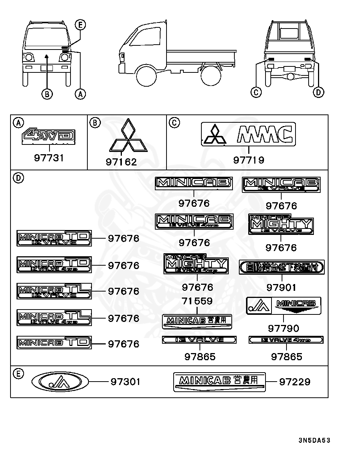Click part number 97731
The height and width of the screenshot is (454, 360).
click(49, 158)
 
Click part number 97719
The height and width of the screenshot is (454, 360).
click(249, 160)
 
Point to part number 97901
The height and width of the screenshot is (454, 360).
click(281, 287)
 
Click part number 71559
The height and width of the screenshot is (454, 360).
click(197, 301)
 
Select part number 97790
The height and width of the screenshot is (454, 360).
click(283, 328)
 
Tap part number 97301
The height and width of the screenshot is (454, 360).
click(125, 382)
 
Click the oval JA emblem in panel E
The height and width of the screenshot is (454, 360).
click(60, 382)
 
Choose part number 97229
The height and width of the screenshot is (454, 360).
click(295, 382)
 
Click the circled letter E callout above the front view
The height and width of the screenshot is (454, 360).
click(80, 25)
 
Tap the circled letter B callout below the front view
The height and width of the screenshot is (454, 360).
click(46, 94)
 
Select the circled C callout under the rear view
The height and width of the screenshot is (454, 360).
click(256, 92)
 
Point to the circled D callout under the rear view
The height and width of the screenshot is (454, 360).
click(318, 92)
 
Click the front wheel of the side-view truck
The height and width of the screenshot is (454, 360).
click(146, 76)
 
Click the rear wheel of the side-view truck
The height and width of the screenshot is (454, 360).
click(210, 76)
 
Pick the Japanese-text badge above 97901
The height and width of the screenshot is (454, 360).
click(281, 267)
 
